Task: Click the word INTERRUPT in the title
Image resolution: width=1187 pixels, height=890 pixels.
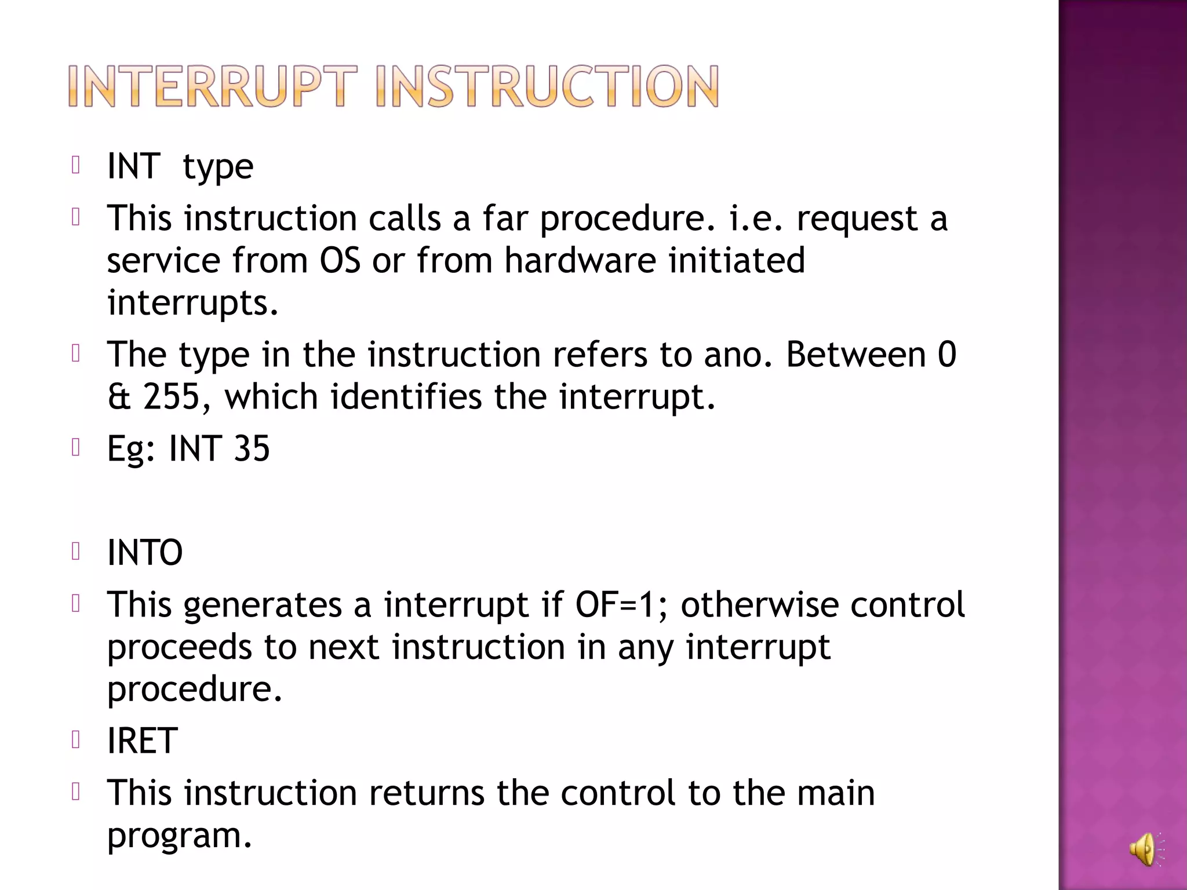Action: tap(212, 87)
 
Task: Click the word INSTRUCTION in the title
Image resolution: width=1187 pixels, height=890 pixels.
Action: tap(547, 87)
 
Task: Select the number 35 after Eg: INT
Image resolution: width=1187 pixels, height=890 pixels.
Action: tap(252, 448)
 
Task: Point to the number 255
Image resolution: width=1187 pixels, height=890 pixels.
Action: tap(172, 397)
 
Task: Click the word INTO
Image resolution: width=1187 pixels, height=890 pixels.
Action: tap(145, 553)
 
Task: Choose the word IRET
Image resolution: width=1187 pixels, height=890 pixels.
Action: tap(143, 741)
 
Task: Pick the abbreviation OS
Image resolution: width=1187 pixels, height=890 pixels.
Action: tap(340, 260)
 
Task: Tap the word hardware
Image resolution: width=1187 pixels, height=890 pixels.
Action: tap(580, 260)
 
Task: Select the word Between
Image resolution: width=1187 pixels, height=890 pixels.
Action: tap(855, 355)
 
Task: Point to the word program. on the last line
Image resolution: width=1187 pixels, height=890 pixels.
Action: tap(180, 836)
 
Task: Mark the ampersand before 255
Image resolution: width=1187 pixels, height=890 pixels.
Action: tap(119, 397)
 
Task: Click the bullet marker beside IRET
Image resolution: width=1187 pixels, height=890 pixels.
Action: tap(75, 739)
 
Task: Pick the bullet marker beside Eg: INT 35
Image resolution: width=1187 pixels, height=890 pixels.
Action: tap(75, 447)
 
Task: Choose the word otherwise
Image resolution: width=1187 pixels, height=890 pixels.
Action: tap(759, 605)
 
